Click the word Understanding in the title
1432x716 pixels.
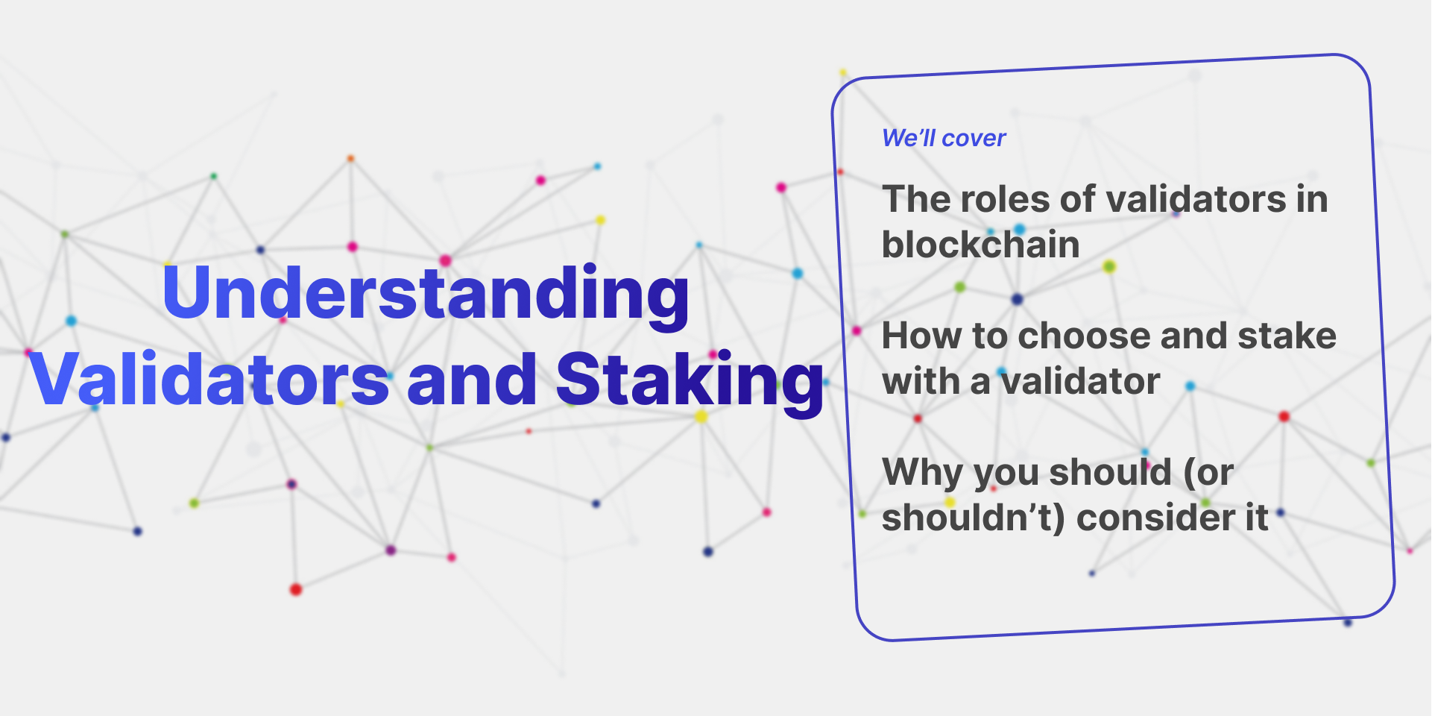point(426,293)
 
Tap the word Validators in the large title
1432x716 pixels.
point(209,380)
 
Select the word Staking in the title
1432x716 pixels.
point(689,380)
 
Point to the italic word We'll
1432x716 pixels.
point(908,138)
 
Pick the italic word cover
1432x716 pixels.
point(974,138)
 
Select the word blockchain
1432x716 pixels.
point(980,245)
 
